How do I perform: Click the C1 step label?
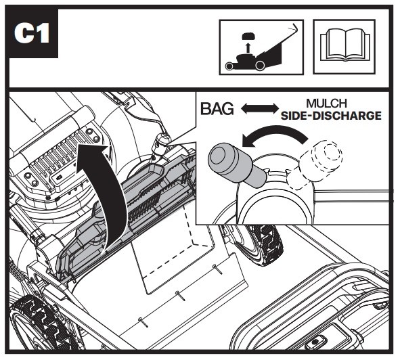[32, 33]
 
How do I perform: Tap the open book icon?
[345, 46]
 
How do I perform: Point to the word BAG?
[217, 109]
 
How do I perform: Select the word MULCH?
[326, 104]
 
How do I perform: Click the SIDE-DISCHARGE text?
[331, 116]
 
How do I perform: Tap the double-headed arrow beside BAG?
[260, 109]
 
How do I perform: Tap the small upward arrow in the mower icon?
[247, 48]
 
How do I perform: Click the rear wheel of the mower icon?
[260, 66]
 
